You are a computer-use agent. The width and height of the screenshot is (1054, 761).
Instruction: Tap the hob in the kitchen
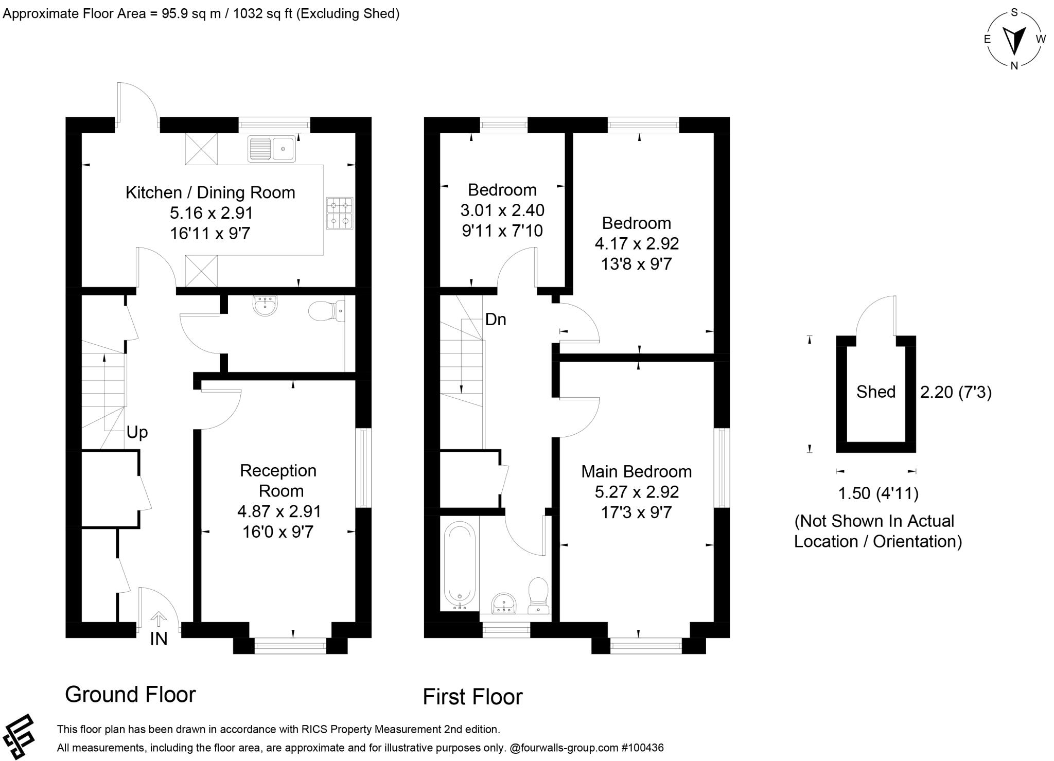(340, 213)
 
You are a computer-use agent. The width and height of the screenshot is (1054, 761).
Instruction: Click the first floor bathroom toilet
(538, 595)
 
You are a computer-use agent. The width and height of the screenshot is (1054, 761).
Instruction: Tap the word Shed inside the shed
(876, 392)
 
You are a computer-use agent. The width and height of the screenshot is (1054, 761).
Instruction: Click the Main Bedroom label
(637, 471)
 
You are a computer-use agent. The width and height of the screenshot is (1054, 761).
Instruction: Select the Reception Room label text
(278, 481)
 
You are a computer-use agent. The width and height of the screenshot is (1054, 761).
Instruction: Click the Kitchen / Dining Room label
(210, 192)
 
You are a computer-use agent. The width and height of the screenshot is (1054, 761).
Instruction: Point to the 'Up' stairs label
(137, 432)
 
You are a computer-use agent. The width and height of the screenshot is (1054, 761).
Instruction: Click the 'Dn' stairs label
(496, 320)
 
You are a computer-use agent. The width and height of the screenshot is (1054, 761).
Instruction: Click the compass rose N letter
(1014, 65)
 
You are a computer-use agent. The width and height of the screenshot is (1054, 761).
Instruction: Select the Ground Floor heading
(130, 694)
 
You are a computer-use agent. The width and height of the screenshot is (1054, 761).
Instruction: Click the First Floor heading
(472, 697)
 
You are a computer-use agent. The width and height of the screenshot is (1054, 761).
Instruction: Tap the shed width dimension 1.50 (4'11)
(879, 493)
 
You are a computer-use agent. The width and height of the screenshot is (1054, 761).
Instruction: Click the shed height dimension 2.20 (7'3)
(956, 393)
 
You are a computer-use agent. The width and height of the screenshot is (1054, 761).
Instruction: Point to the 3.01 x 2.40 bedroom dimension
(502, 210)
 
